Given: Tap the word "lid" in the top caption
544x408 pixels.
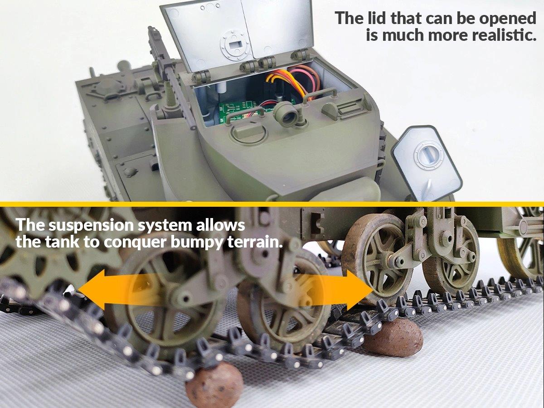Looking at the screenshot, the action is click(x=375, y=18).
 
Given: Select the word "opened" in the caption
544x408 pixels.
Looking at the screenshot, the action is click(x=508, y=19).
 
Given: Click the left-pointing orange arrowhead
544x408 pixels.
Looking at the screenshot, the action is click(x=92, y=290).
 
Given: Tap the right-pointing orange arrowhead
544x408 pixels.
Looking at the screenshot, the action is click(x=360, y=290).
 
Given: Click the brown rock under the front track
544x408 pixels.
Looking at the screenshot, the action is click(x=214, y=384).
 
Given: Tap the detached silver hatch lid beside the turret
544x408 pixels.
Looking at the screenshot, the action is click(x=427, y=164).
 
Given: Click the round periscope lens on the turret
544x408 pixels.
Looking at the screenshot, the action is click(x=287, y=114).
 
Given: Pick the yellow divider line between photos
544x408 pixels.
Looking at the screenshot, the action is click(x=272, y=204).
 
